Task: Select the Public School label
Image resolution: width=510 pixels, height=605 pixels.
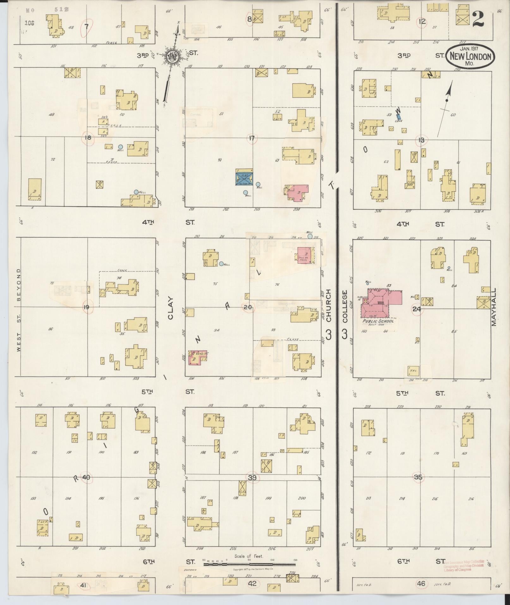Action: coord(378,321)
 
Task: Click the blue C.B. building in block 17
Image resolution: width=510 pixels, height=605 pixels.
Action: coord(244,177)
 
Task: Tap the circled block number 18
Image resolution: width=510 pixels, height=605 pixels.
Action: coord(88,138)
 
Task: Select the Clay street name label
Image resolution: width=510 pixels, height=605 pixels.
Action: coord(171,308)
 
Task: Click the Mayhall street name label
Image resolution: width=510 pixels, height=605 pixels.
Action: coord(494,307)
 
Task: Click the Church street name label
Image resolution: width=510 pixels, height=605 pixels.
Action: coord(328,306)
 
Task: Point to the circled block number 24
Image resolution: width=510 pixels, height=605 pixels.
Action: coord(417,309)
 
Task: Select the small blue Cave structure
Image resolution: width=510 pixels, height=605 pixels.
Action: coord(399,118)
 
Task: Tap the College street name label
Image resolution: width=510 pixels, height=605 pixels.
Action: coord(345,306)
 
